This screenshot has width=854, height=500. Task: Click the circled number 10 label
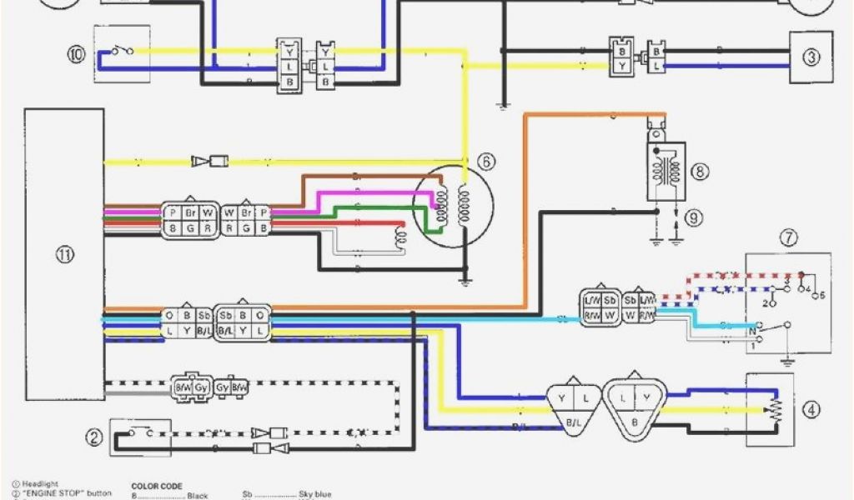coord(77,55)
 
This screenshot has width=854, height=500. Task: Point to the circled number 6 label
coord(485,160)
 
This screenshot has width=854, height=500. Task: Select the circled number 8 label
coord(699,172)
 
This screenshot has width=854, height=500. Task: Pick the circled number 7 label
coord(789,238)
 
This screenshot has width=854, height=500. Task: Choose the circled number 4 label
coord(811,409)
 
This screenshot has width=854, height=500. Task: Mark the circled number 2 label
coord(94,437)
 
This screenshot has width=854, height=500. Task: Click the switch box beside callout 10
coord(122,55)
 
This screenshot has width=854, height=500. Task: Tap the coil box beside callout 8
coord(666,171)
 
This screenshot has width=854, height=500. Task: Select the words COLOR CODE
coord(157,486)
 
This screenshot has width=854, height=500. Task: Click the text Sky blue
coord(314,495)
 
